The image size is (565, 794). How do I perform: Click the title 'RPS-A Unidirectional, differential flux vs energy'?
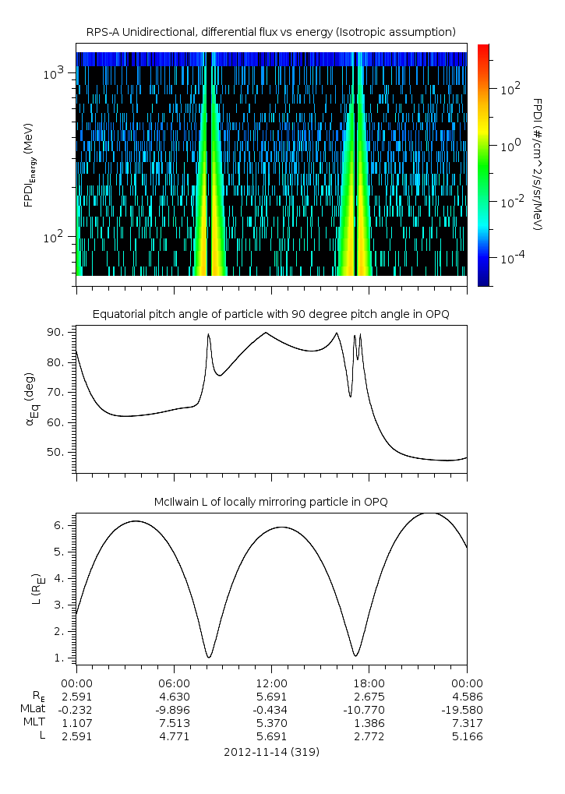[x=271, y=31]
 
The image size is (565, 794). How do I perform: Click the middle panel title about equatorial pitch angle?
[x=271, y=314]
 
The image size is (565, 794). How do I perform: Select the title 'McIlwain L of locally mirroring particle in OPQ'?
[x=271, y=502]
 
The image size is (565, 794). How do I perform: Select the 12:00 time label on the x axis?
[x=271, y=682]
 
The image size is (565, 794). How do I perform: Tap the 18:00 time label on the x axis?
[x=369, y=682]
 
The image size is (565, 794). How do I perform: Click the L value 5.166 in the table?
[x=467, y=735]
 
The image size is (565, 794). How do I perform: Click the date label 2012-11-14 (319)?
[x=271, y=752]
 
